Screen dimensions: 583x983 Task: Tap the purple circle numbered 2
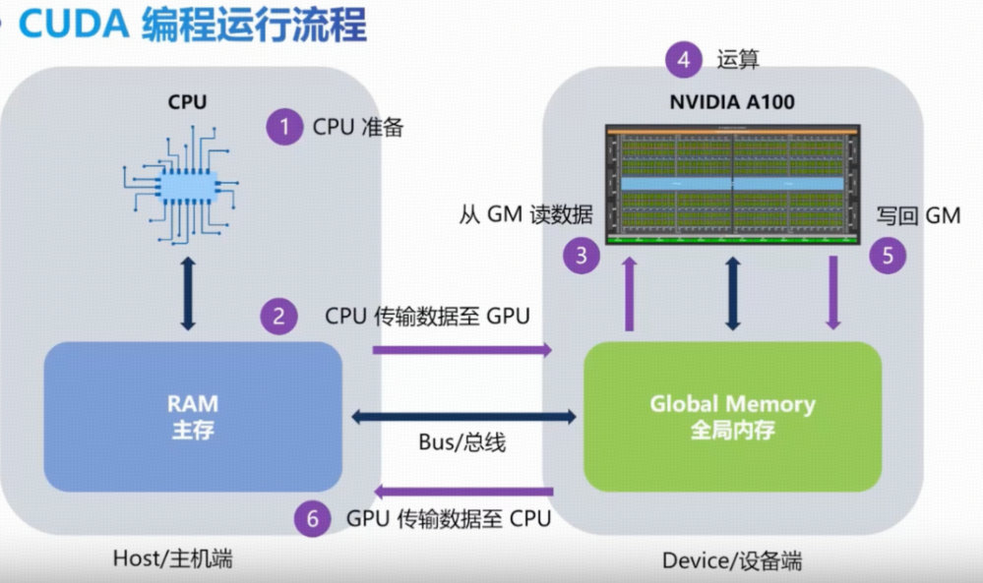278,317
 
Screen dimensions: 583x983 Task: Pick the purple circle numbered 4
684,59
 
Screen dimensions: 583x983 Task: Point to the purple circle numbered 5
888,257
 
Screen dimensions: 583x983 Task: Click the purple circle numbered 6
313,518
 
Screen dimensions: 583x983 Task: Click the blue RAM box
193,416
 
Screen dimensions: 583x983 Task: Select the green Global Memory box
732,416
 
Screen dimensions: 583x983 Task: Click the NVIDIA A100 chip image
732,184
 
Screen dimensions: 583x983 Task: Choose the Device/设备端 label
731,560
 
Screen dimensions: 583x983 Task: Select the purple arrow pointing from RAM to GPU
462,349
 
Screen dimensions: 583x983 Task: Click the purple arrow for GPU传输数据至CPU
462,491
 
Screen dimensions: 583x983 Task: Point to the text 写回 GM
917,215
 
